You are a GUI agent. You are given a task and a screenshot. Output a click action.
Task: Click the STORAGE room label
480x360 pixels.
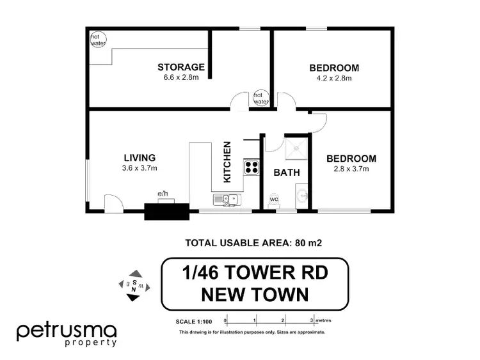[x=181, y=67]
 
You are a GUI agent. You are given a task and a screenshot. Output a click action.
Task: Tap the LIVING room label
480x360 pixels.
[x=140, y=158]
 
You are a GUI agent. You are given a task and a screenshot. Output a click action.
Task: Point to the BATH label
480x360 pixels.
[x=287, y=172]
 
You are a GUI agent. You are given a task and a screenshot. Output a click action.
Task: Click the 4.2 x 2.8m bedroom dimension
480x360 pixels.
[x=334, y=78]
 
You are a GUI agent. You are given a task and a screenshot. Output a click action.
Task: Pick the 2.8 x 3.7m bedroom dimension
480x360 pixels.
[x=351, y=169]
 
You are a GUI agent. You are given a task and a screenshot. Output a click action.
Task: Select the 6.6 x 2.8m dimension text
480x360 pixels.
[x=181, y=78]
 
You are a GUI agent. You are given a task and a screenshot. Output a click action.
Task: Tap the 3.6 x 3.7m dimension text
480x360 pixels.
[x=140, y=169]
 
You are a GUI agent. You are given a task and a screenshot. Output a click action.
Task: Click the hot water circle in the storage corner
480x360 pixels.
[x=96, y=40]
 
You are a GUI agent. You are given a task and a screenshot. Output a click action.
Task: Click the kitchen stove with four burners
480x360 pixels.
[x=251, y=168]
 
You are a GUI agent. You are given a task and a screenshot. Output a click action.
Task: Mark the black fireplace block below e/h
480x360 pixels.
[x=166, y=212]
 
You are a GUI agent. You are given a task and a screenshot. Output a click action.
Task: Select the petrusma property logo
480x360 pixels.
[x=67, y=334]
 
